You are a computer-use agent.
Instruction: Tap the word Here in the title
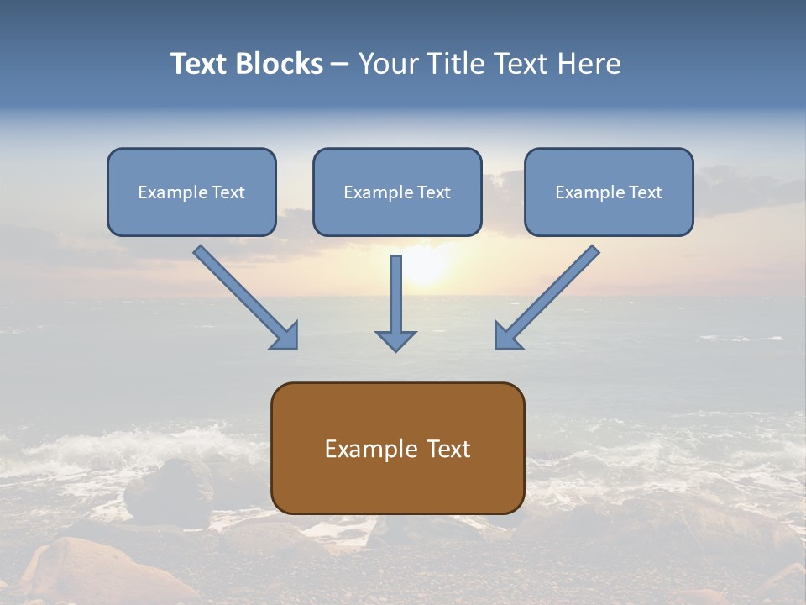click(x=589, y=64)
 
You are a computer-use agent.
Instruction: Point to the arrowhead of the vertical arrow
click(x=395, y=340)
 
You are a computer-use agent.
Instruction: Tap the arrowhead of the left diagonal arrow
click(x=285, y=335)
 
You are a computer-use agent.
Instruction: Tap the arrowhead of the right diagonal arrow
click(x=507, y=335)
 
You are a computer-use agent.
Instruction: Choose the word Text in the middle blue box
click(x=433, y=192)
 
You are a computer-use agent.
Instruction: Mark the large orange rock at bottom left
click(x=84, y=571)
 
